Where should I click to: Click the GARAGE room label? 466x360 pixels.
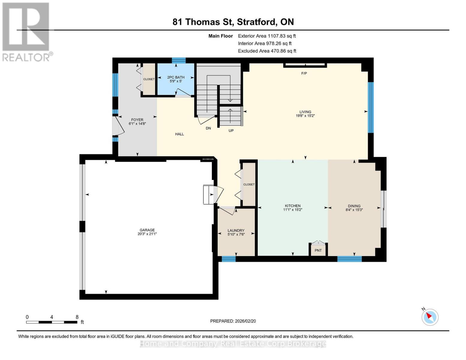coord(147,230)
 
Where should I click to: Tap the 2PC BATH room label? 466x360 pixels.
coord(176,77)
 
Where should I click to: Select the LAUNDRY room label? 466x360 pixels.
coord(236,231)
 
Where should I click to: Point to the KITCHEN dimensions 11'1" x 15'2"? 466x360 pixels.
coord(293,210)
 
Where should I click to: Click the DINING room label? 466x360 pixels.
coord(354,206)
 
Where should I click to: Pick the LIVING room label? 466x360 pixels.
coord(305,112)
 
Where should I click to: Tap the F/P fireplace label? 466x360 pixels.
coord(304,73)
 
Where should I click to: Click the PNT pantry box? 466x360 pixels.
coord(318,250)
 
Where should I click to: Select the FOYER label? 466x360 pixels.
coord(137,120)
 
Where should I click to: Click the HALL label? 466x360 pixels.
coord(179,134)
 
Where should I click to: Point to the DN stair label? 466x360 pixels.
coord(208,128)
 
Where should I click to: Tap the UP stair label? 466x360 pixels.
coord(231,131)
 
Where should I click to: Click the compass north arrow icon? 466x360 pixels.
coord(430,317)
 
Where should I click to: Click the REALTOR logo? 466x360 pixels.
coord(26,31)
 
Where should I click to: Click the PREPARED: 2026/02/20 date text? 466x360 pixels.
coord(233,321)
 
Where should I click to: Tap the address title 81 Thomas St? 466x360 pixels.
coord(233,22)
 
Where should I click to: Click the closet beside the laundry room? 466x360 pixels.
coord(249,184)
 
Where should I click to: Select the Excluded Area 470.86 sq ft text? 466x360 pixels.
coord(267,51)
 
